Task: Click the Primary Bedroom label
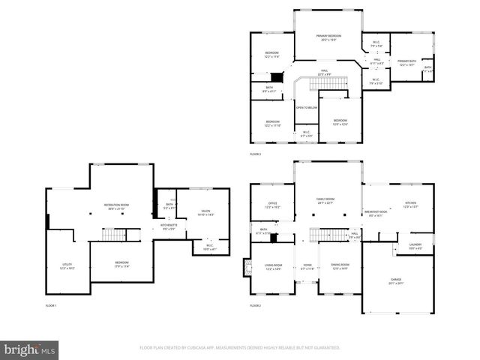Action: pos(328,37)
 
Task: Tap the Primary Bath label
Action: pos(407,62)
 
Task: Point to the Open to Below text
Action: pos(304,108)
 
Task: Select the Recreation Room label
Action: pos(115,206)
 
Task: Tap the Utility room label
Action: pos(67,265)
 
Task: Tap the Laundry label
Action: pos(415,245)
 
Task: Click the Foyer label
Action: pos(307,266)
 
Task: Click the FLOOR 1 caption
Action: pos(51,306)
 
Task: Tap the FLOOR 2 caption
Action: pos(256,306)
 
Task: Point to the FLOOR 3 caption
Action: pos(256,154)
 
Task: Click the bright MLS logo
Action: pos(29,349)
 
